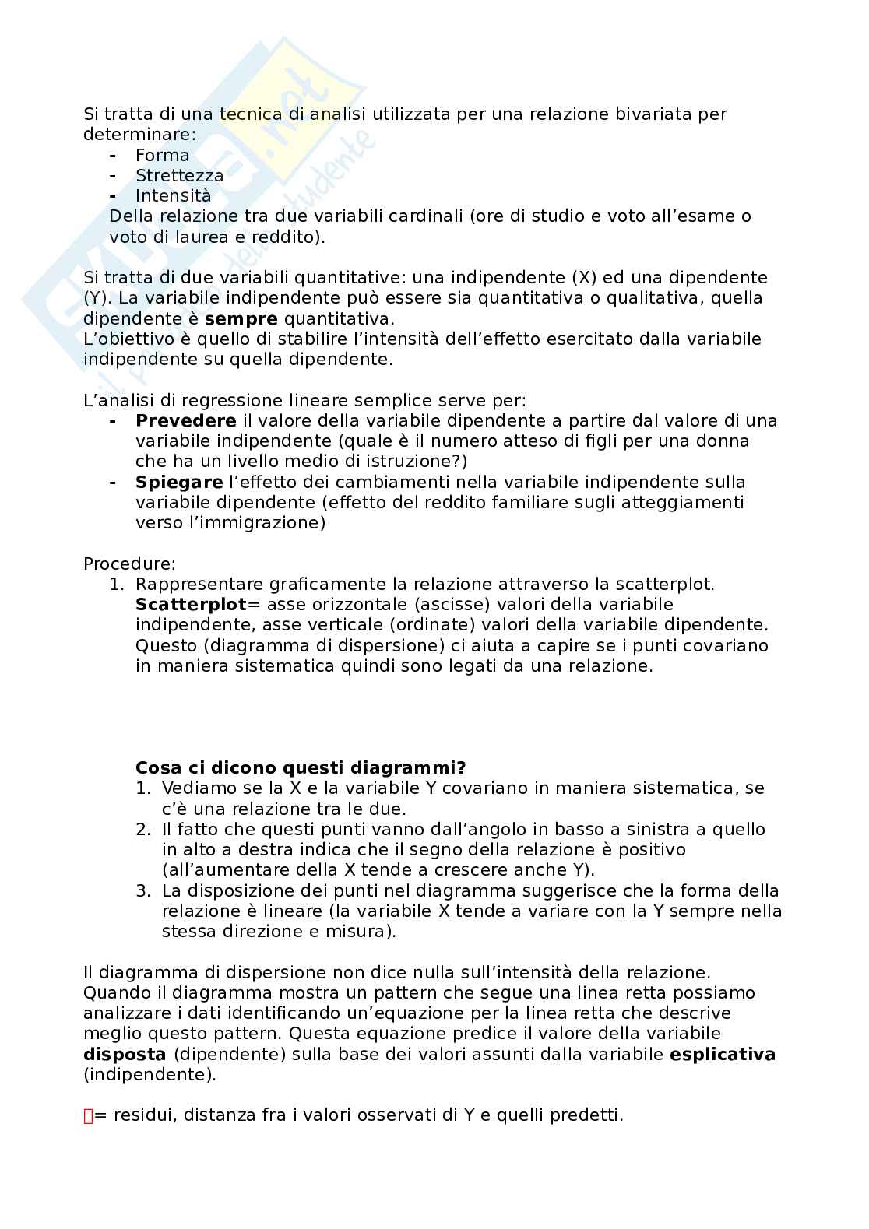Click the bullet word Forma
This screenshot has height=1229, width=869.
tap(162, 155)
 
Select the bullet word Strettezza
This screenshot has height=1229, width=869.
tap(179, 175)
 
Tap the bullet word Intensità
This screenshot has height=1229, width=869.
tap(173, 195)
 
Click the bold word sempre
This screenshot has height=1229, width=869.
tap(241, 318)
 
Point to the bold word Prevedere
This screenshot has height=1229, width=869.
tap(185, 420)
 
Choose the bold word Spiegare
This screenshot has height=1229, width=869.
tap(179, 482)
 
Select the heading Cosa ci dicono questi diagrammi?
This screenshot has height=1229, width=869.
tap(301, 768)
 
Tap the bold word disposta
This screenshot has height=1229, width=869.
tap(125, 1055)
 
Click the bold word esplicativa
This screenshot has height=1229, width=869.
tap(723, 1055)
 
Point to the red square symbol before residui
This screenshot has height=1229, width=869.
tap(88, 1116)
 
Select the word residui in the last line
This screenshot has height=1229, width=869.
tap(142, 1115)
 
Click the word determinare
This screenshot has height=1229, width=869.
tap(139, 134)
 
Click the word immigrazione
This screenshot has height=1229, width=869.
tap(264, 522)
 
